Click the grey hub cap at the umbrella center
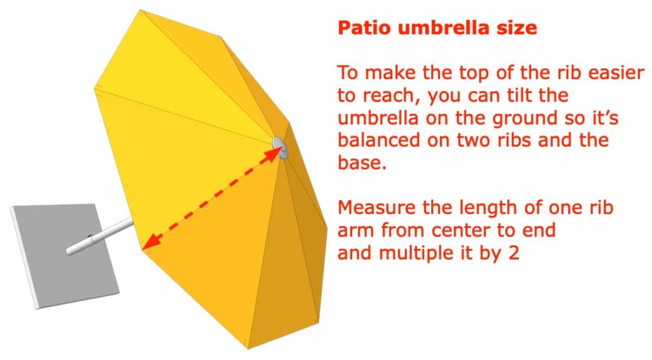click(280, 147)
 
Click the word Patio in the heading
click(362, 29)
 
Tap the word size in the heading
click(516, 29)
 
